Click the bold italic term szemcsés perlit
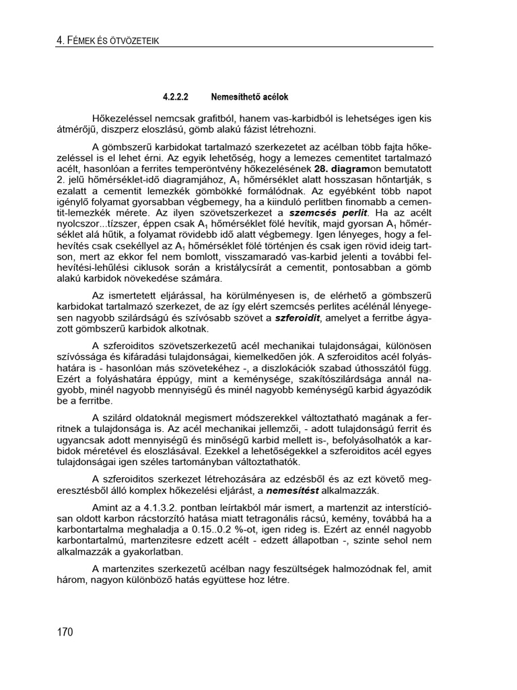(x=325, y=212)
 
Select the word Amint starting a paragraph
(x=106, y=505)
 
